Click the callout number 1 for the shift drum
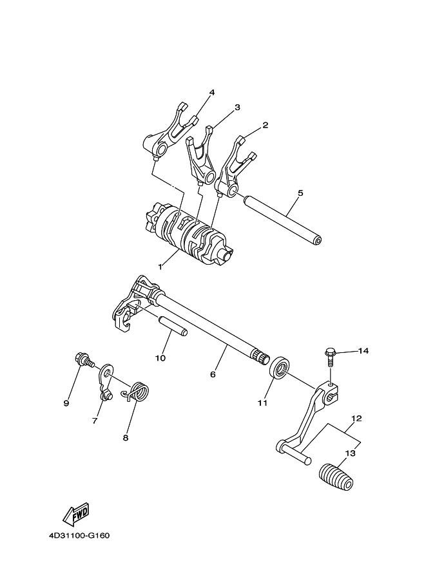tap(160, 267)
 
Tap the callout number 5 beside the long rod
tap(300, 193)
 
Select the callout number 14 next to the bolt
tap(363, 351)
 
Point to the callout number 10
tap(160, 358)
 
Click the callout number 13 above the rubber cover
tap(350, 453)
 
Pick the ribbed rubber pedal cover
tap(336, 476)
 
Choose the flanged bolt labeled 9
tap(84, 360)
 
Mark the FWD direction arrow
tap(76, 513)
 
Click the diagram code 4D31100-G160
tap(79, 535)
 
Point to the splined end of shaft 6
tap(261, 354)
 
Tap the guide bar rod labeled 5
tap(282, 218)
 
